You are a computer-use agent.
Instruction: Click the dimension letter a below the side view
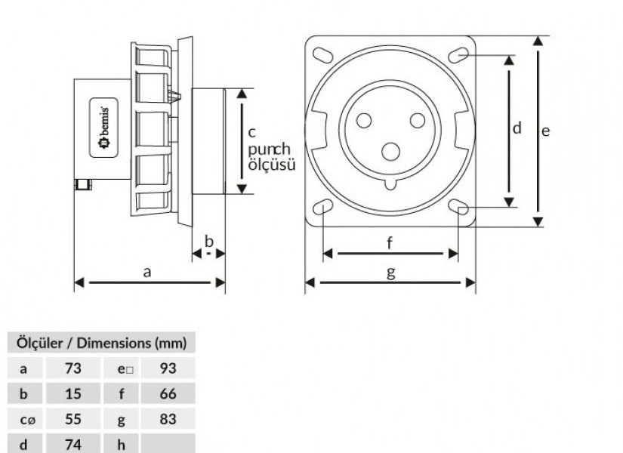coord(148,273)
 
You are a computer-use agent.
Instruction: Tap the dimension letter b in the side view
coord(210,242)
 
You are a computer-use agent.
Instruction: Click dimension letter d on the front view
coord(517,128)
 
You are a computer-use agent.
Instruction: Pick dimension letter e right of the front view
coord(546,130)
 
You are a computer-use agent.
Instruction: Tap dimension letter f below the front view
coord(390,243)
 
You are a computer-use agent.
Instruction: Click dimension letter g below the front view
coord(390,273)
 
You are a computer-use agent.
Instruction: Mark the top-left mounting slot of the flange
coord(321,54)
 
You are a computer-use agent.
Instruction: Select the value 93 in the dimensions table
coord(168,368)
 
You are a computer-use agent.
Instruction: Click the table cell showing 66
coord(168,394)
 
